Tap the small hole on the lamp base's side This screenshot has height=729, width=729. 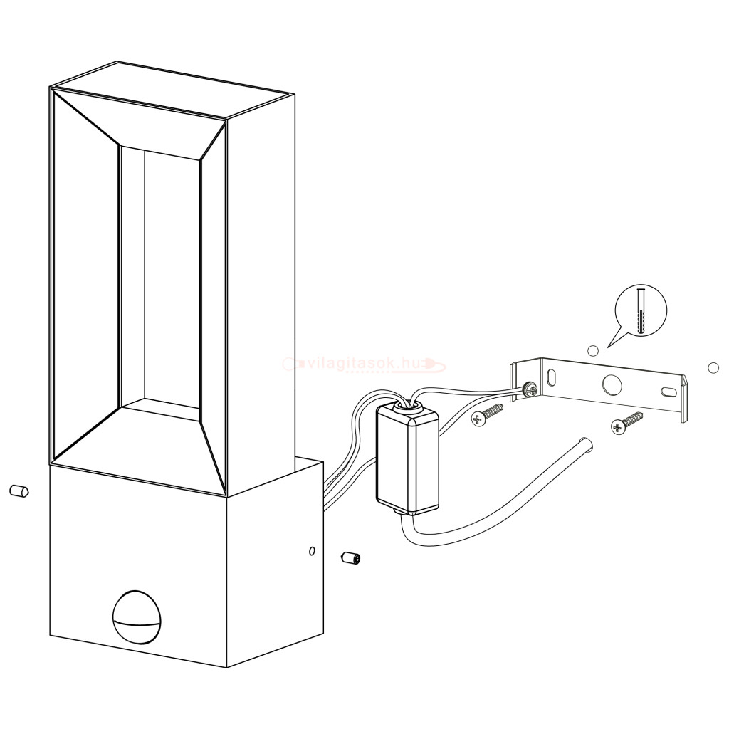click(x=311, y=551)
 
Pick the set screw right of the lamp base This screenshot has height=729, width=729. click(x=349, y=557)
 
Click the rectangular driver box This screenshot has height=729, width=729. click(x=407, y=460)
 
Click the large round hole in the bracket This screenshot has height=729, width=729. click(x=612, y=384)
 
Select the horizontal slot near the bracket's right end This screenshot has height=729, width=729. click(x=668, y=391)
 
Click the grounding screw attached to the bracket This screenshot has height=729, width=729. click(x=529, y=389)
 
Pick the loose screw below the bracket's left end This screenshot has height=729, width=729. click(x=488, y=414)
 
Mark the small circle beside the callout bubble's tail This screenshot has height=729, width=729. click(x=592, y=350)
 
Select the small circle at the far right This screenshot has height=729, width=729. click(x=713, y=367)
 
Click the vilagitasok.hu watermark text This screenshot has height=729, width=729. click(x=363, y=364)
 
